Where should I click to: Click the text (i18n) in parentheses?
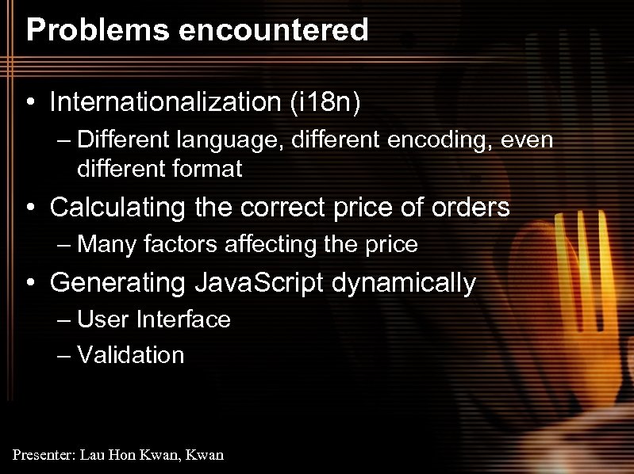click(325, 101)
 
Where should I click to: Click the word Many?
click(107, 244)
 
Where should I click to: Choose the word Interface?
click(183, 319)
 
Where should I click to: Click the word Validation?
click(131, 355)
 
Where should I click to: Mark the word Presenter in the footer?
click(42, 455)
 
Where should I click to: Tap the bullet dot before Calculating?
click(29, 208)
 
